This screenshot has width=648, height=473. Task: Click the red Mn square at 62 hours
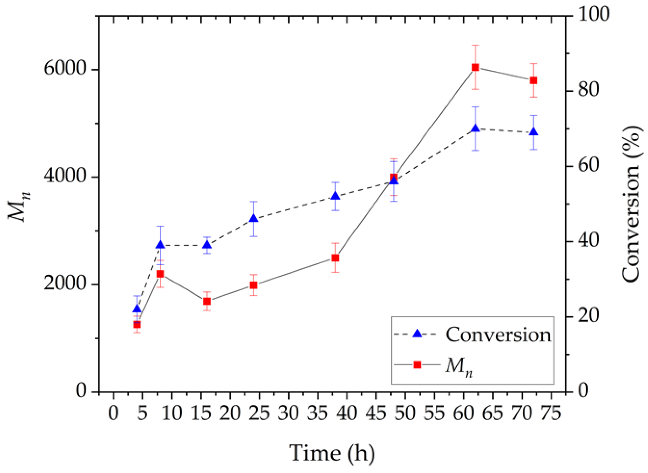point(475,67)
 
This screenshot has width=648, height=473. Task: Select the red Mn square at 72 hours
point(534,80)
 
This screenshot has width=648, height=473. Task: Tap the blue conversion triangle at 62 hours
point(475,129)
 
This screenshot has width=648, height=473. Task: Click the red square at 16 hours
point(207,301)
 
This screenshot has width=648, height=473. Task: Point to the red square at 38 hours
point(335,258)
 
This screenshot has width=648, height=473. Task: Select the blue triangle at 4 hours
point(137,309)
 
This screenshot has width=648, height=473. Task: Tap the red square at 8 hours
point(160,274)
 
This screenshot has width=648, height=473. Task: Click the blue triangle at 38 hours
point(335,196)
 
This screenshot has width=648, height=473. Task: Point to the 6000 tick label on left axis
point(65,68)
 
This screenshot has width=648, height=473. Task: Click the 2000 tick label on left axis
point(65,283)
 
